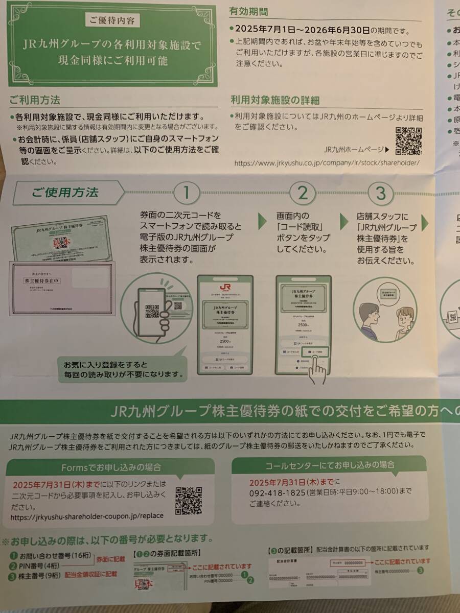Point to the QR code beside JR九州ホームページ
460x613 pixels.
408,142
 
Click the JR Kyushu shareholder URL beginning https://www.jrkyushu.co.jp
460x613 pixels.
327,163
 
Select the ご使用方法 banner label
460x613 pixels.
65,193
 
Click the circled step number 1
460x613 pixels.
186,193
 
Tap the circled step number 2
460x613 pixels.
303,193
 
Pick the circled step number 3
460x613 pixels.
381,193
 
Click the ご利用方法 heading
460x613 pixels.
35,100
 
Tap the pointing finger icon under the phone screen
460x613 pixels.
317,370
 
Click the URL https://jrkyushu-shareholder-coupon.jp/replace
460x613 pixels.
87,516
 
